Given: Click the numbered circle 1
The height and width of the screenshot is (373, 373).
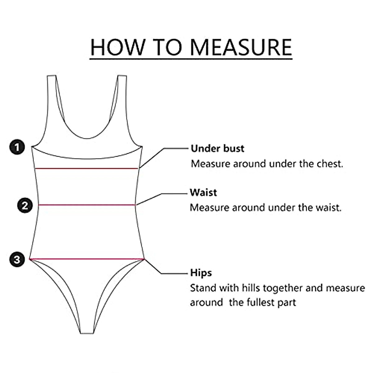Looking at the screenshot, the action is (x=17, y=147).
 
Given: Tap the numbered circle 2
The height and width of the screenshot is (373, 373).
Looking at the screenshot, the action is (x=25, y=205).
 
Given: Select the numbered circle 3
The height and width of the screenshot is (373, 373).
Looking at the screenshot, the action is (x=17, y=259).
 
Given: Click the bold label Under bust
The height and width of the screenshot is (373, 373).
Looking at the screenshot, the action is (x=218, y=149).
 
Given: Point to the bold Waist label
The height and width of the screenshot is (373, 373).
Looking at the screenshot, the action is (x=203, y=192).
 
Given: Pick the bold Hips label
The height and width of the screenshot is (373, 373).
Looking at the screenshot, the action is (x=201, y=273).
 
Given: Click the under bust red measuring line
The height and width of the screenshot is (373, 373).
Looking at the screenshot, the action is (x=86, y=168).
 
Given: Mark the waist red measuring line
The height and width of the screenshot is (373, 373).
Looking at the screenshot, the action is (x=87, y=205).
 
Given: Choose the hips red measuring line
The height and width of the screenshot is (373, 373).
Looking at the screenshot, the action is (x=87, y=259).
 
